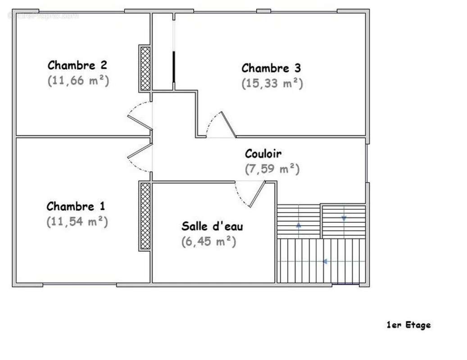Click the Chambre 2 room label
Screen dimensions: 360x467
pyautogui.click(x=77, y=65)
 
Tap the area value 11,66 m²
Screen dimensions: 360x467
pyautogui.click(x=78, y=81)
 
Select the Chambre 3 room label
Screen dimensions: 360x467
pyautogui.click(x=271, y=68)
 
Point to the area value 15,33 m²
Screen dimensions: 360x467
pyautogui.click(x=272, y=84)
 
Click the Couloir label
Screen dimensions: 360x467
pyautogui.click(x=263, y=154)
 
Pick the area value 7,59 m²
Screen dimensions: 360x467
pyautogui.click(x=272, y=169)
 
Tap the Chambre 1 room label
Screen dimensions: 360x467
pyautogui.click(x=76, y=207)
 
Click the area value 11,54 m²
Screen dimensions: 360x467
pyautogui.click(x=77, y=222)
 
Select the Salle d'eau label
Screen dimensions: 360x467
pyautogui.click(x=212, y=226)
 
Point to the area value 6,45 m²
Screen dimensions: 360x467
pyautogui.click(x=209, y=242)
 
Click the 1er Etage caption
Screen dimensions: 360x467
pyautogui.click(x=408, y=325)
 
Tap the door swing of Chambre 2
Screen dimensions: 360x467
pyautogui.click(x=139, y=115)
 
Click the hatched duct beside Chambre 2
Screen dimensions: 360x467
pyautogui.click(x=145, y=68)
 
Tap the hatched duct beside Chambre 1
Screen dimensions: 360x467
pyautogui.click(x=145, y=216)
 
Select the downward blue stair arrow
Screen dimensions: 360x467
pyautogui.click(x=344, y=219)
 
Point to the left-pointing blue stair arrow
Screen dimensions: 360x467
pyautogui.click(x=324, y=261)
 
